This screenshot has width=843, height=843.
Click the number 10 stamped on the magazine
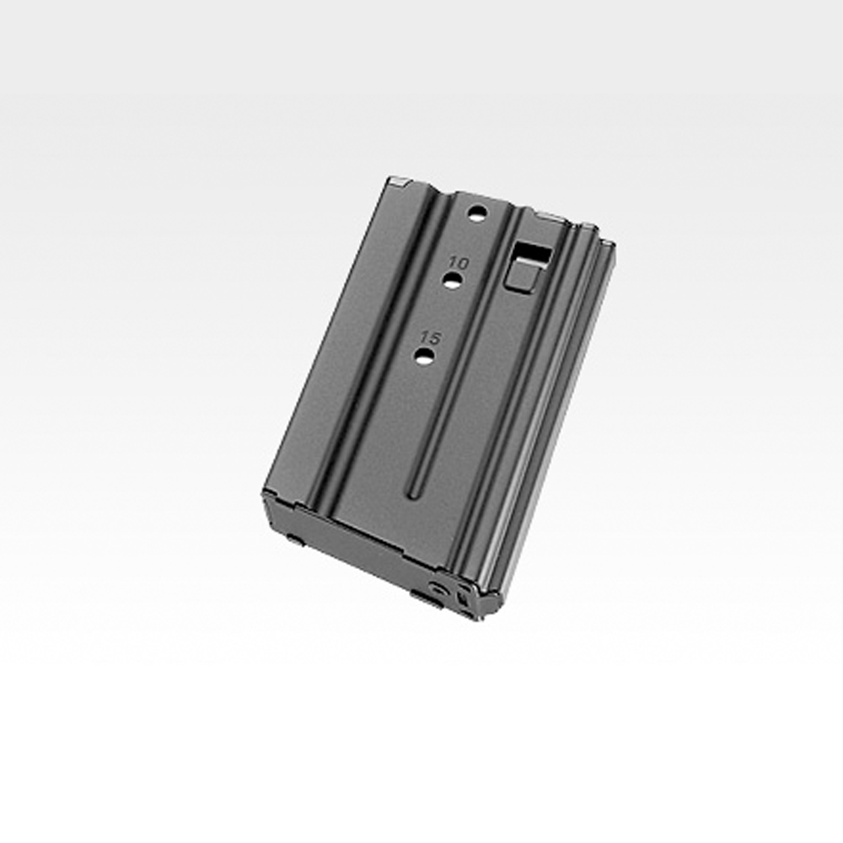(459, 263)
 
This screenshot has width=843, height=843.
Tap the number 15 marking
(430, 338)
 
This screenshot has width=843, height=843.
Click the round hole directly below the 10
(451, 280)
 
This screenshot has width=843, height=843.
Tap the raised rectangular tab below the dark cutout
(523, 276)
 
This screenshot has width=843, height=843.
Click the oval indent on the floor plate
(440, 588)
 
